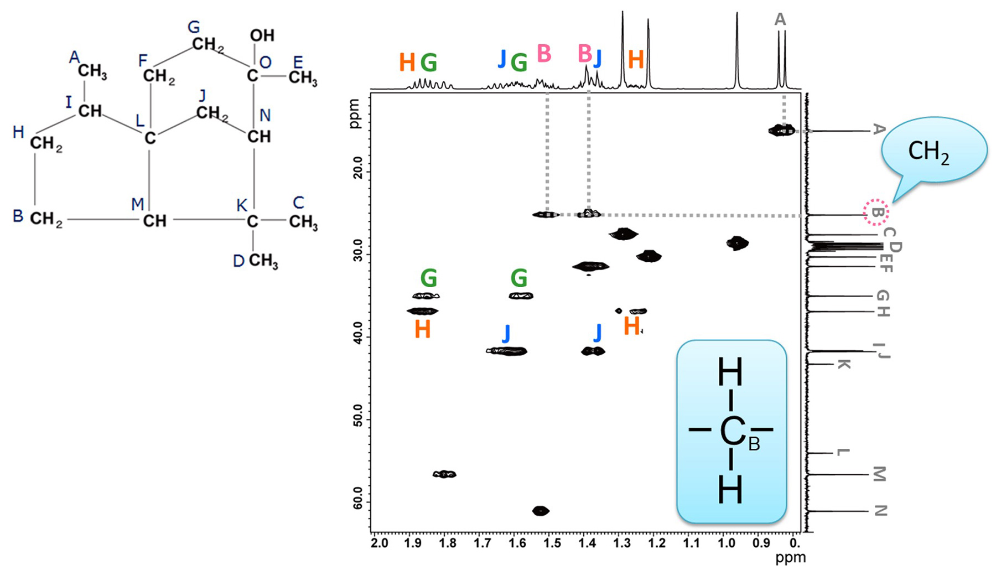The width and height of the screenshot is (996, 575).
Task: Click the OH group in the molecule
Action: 262,35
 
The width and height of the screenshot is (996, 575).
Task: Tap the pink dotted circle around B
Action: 876,212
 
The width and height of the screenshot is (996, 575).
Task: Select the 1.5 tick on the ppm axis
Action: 552,542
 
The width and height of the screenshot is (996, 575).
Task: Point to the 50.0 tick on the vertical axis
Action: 357,419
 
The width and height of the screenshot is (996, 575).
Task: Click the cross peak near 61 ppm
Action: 540,510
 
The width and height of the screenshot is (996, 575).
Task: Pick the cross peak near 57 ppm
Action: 444,474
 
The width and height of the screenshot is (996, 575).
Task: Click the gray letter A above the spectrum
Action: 780,19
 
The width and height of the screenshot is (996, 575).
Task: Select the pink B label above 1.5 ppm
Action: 544,54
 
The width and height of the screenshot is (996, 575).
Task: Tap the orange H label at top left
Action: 407,63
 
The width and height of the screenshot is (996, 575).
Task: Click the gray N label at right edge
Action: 880,511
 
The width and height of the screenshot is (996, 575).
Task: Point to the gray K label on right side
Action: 842,364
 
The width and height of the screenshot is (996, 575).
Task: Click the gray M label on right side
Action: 879,474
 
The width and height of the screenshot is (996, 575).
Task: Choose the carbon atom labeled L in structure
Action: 149,138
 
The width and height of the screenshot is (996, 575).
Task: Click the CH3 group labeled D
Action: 263,261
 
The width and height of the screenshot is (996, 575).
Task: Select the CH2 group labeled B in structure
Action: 46,219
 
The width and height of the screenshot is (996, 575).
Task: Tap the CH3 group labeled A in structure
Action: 92,71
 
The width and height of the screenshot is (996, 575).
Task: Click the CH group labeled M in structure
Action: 154,221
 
